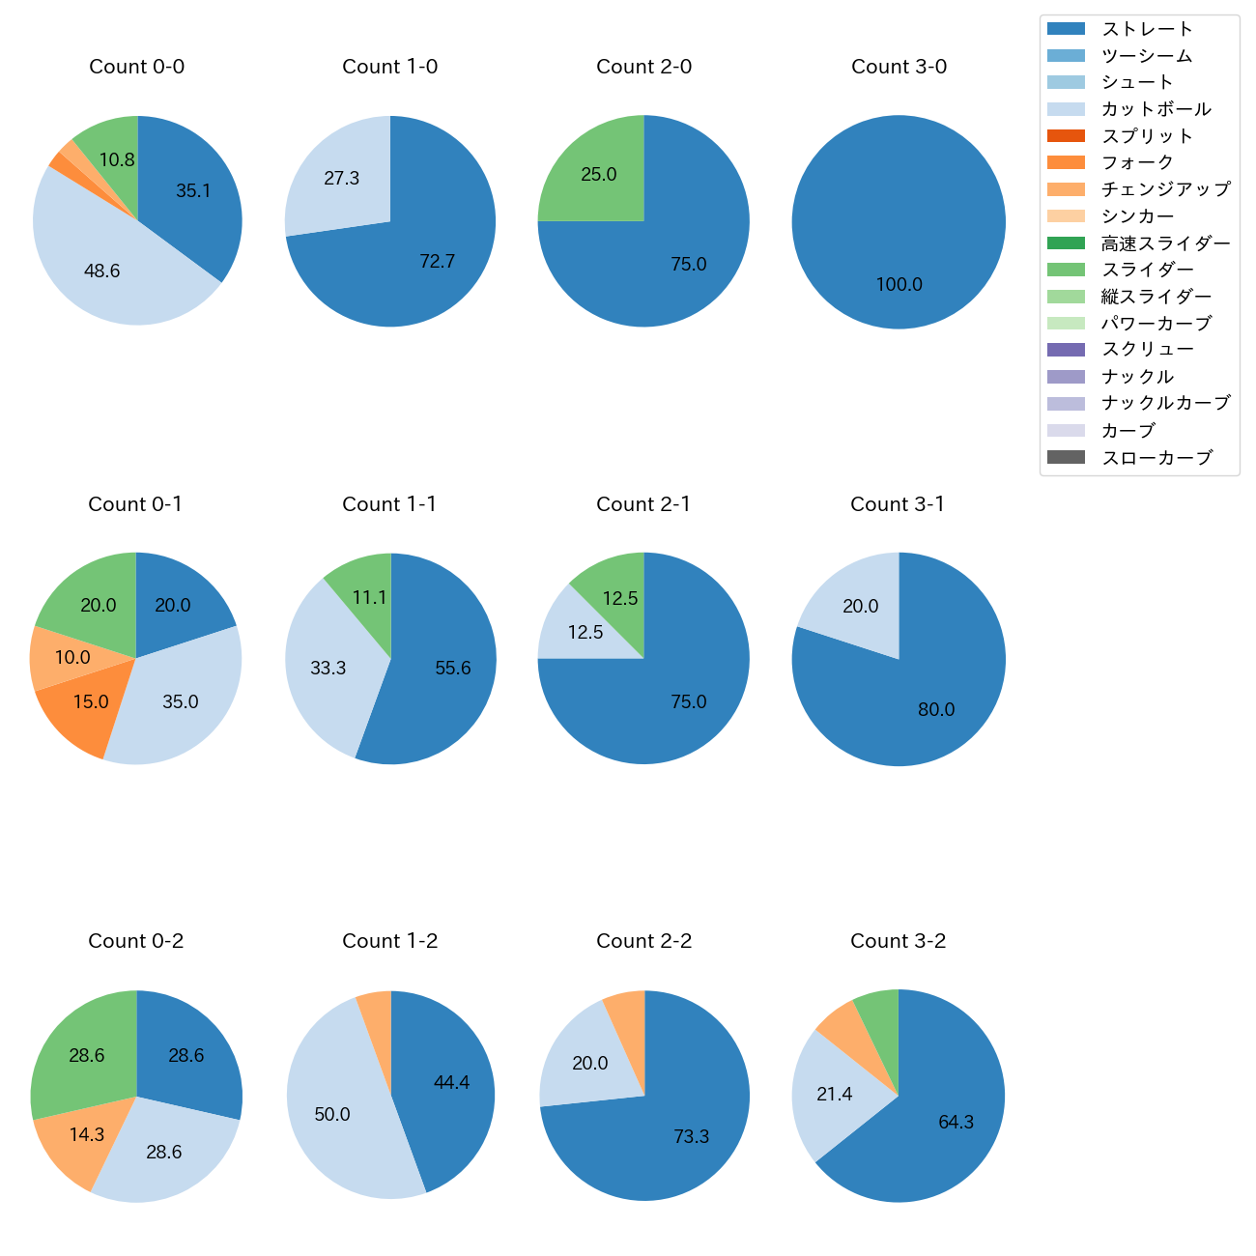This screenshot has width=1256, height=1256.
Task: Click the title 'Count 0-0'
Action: [x=136, y=67]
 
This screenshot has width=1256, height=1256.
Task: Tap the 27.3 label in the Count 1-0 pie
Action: [x=342, y=179]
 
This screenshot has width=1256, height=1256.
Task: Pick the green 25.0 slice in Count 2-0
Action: [x=599, y=175]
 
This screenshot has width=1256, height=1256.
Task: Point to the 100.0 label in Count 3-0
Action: [x=899, y=285]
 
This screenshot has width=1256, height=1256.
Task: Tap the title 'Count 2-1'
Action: [x=643, y=504]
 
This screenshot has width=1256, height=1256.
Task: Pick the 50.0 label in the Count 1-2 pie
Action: [x=332, y=1115]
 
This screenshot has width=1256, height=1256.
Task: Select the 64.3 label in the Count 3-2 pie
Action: [x=956, y=1123]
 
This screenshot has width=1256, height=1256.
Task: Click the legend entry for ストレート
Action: [x=1147, y=29]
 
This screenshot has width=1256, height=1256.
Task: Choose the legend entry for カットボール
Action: [x=1156, y=109]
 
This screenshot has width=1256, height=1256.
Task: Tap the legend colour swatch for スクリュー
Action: [x=1066, y=350]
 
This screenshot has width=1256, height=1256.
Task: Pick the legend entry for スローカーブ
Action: [x=1156, y=458]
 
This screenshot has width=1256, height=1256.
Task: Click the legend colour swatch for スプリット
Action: [x=1066, y=136]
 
